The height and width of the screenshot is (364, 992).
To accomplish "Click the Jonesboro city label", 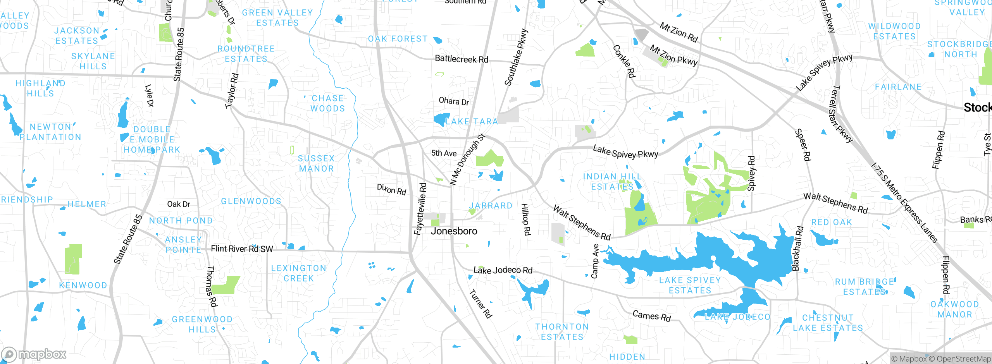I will [x=454, y=231].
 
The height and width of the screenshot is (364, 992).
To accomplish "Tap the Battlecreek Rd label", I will [x=461, y=59].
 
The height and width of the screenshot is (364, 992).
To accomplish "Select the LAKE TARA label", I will [x=472, y=122].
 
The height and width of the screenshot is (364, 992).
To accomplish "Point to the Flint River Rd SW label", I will [x=242, y=249].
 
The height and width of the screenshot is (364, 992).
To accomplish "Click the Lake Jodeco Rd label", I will [x=503, y=270].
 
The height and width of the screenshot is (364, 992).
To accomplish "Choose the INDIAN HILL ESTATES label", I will [x=612, y=182].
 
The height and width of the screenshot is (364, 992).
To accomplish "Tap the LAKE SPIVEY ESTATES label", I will [x=690, y=285].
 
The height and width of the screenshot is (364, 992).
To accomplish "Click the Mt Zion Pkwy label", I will [x=673, y=55].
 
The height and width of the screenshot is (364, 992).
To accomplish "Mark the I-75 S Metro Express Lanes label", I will [x=904, y=203].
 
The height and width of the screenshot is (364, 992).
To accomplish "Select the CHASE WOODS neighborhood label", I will [x=327, y=103].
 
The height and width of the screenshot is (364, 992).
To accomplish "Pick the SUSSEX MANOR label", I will [x=316, y=163].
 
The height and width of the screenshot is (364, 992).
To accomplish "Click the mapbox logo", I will [x=34, y=354].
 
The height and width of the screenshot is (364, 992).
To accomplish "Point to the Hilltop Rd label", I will [x=525, y=219].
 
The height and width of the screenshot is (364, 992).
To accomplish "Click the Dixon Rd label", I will [x=391, y=189].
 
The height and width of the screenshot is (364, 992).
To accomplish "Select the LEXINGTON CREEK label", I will [x=298, y=273].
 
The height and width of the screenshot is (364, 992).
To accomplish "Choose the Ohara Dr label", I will [x=454, y=101].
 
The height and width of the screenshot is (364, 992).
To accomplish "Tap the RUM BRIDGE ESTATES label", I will [x=864, y=287].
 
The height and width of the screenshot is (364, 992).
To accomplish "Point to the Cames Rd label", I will [x=651, y=316].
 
